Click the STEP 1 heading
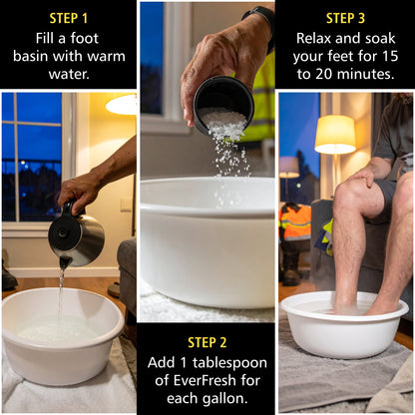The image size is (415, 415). (69, 18)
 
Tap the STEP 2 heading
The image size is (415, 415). (207, 342)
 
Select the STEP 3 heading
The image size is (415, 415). (344, 18)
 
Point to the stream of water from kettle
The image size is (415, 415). (61, 289)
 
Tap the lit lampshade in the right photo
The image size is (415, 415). (334, 135)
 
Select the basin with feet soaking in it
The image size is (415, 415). (344, 324)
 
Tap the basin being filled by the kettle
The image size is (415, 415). (62, 334)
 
